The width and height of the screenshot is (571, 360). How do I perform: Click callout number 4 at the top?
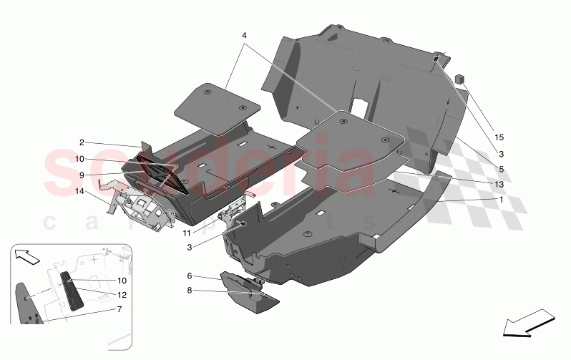pos(244,35)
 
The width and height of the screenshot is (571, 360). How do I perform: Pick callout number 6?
pos(190,276)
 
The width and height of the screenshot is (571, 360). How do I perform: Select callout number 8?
pos(190,291)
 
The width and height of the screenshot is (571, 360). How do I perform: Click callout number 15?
pos(499,137)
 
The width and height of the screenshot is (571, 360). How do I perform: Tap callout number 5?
pos(501,169)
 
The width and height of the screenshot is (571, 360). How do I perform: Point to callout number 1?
pos(501,200)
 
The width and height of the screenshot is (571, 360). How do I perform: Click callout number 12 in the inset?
pos(122,294)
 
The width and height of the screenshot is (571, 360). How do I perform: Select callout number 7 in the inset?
pos(119,309)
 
